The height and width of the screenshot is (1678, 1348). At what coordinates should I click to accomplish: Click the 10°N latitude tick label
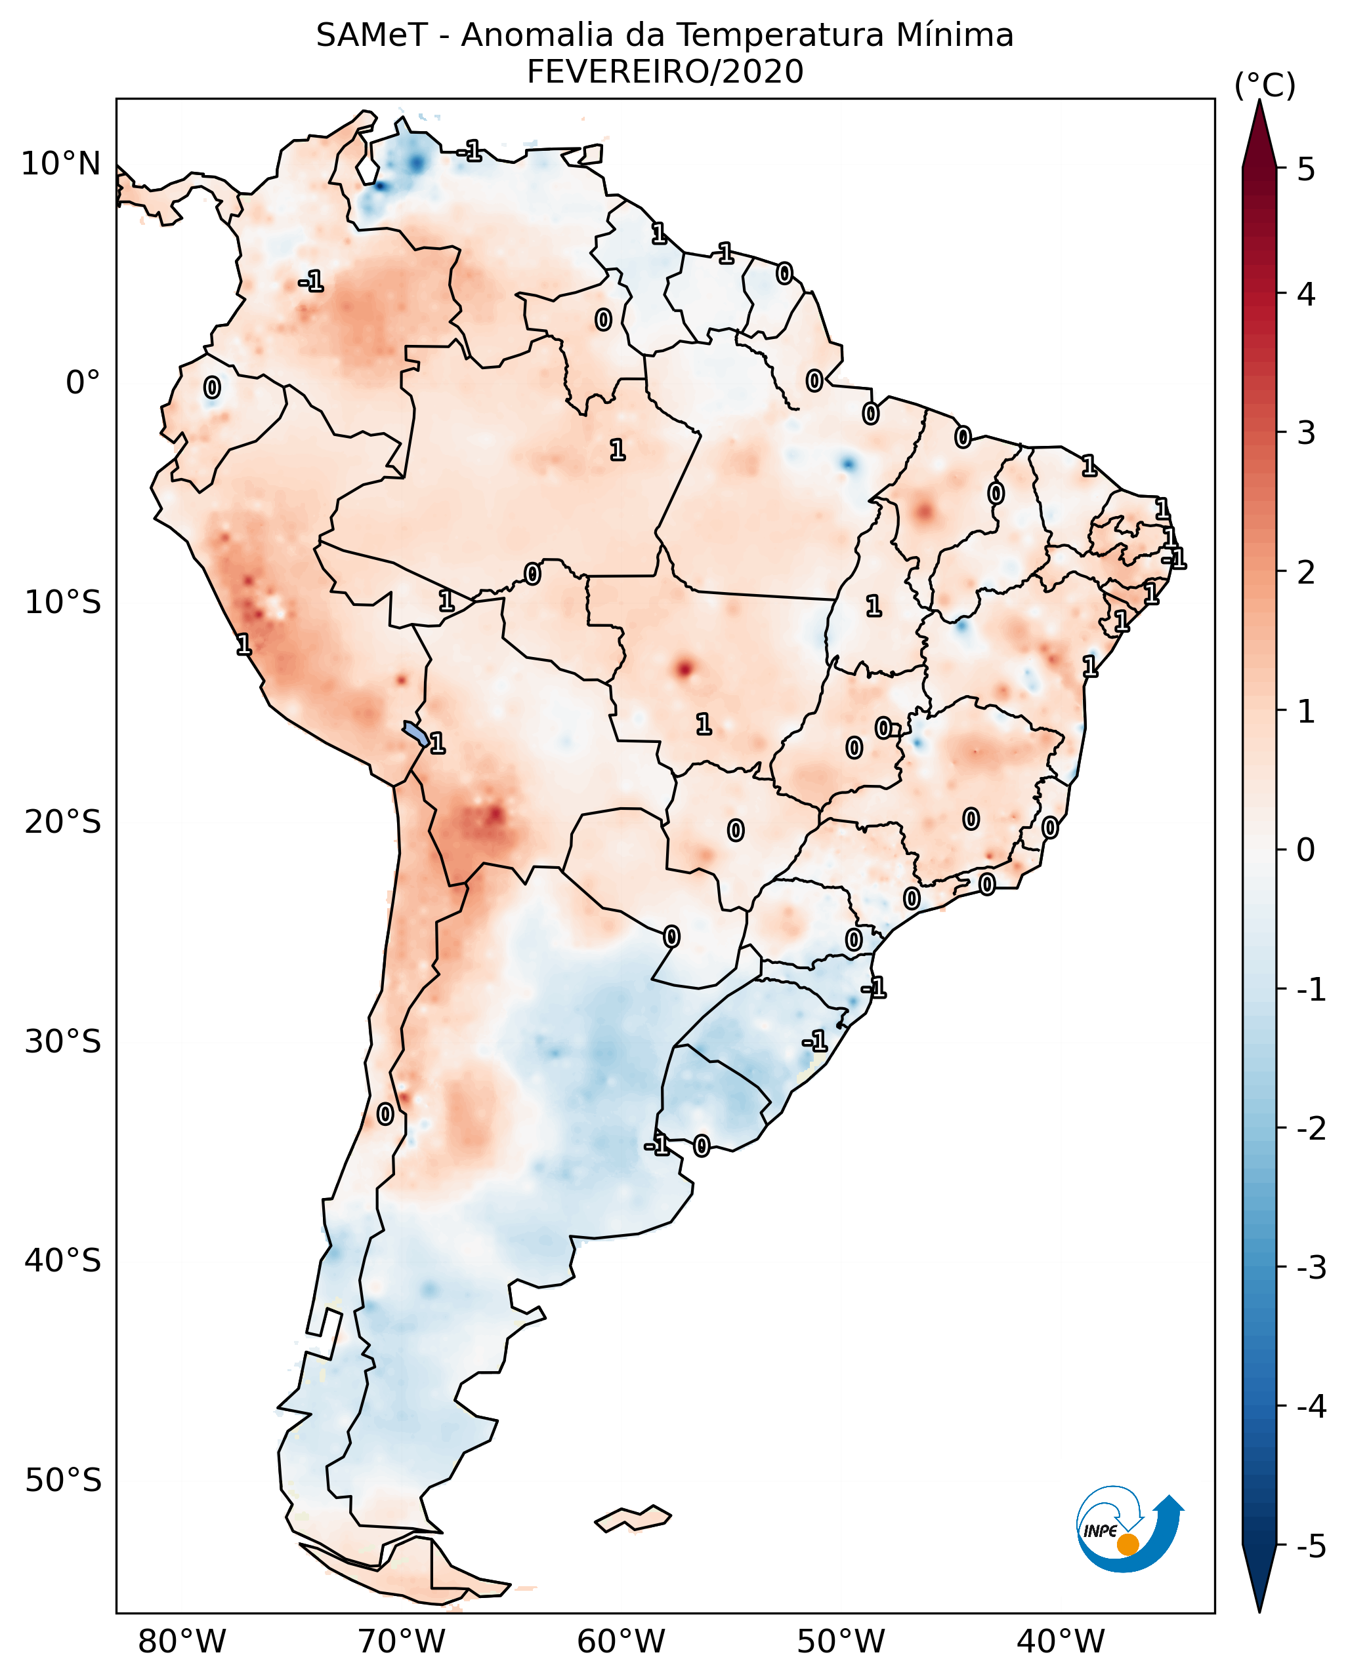click(x=61, y=164)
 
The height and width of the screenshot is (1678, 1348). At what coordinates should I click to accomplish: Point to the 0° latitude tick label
click(x=83, y=383)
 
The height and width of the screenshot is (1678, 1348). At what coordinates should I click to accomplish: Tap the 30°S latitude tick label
click(x=62, y=1041)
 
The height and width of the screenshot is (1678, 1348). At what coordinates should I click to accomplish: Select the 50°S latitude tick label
click(x=62, y=1481)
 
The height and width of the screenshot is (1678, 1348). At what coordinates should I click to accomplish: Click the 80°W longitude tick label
click(x=181, y=1641)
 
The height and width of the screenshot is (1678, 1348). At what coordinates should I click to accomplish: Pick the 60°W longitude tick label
click(x=621, y=1641)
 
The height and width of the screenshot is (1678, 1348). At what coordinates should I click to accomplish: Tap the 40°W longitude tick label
click(x=1060, y=1641)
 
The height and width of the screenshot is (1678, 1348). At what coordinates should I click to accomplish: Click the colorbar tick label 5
click(x=1306, y=169)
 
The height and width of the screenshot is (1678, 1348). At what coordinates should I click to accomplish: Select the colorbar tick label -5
click(x=1311, y=1546)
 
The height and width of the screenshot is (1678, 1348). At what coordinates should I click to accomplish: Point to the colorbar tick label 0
click(x=1306, y=850)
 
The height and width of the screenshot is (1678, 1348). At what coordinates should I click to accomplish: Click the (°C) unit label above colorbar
click(x=1265, y=86)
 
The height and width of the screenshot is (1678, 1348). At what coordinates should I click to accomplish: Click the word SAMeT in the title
click(x=371, y=37)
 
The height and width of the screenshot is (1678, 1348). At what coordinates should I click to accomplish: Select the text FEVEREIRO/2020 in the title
click(x=665, y=72)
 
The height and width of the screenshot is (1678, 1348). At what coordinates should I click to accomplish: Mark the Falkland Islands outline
click(x=633, y=1519)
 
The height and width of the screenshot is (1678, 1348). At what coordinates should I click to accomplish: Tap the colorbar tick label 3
click(x=1306, y=433)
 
